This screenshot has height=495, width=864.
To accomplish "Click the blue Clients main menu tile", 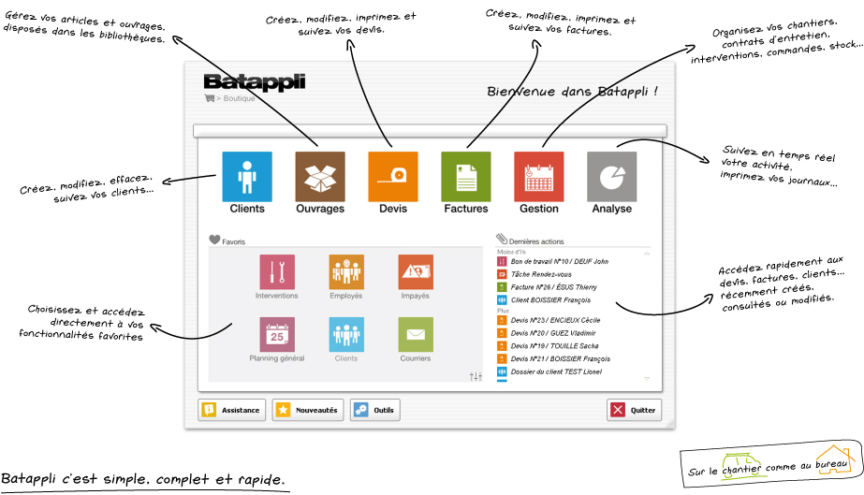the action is click(247, 177).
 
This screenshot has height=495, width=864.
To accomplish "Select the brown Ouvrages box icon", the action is click(320, 177).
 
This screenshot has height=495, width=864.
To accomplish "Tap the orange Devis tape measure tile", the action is click(393, 177).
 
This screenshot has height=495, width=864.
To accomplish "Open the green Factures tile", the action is click(466, 177).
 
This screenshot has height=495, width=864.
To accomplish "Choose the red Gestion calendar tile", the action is click(539, 177).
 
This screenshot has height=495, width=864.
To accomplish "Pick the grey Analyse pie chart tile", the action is click(611, 177).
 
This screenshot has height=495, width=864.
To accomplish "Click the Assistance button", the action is click(231, 410).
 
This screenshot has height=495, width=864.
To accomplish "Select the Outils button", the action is click(374, 410).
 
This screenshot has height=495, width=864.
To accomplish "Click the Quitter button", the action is click(634, 410).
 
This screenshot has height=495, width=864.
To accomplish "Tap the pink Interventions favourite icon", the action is click(277, 272).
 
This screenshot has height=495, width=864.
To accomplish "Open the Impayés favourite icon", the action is click(416, 272).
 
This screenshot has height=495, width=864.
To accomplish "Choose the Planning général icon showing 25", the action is click(277, 334).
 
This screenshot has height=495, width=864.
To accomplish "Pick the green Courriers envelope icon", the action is click(416, 334).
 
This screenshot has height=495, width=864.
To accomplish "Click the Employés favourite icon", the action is click(346, 272).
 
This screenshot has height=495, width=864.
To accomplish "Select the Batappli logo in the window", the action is click(254, 82).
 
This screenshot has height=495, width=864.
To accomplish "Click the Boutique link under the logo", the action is click(239, 98).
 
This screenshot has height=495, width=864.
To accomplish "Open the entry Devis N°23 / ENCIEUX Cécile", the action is click(555, 320).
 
